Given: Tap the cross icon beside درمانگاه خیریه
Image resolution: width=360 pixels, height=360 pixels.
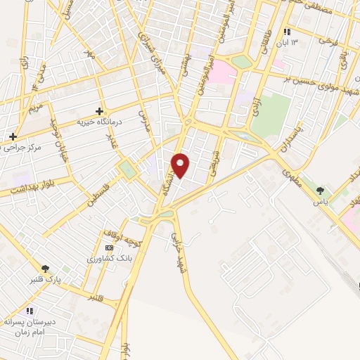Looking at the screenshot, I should [x=99, y=111].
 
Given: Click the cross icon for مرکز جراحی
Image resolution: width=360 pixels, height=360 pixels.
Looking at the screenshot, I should [x=13, y=136].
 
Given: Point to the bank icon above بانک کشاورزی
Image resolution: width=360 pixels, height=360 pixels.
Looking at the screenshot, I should [x=108, y=248].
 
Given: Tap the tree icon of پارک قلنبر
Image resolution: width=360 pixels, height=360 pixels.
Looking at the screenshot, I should [x=46, y=269].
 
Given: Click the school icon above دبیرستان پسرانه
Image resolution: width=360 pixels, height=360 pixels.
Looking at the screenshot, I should [x=28, y=310].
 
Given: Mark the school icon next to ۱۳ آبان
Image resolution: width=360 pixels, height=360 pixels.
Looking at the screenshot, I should [x=287, y=32].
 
